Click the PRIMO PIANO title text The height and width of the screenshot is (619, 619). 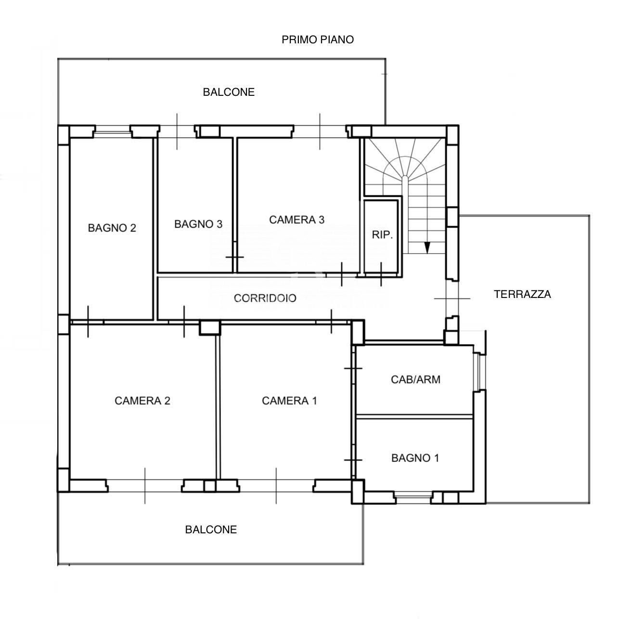(317, 39)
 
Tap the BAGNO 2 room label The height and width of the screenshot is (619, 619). (112, 228)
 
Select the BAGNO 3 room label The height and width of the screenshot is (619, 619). (198, 224)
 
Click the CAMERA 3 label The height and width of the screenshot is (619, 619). (297, 219)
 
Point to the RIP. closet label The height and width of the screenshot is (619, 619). (382, 235)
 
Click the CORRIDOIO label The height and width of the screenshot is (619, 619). (265, 298)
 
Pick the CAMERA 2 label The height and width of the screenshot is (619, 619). (142, 400)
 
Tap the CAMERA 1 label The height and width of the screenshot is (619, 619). (289, 400)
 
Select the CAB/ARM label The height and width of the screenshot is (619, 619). (415, 379)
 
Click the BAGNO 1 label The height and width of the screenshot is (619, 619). (415, 458)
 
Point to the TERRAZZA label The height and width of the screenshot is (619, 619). (522, 294)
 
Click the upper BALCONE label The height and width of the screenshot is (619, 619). (229, 92)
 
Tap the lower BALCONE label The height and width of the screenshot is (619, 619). (211, 529)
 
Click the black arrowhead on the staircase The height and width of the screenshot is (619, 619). (427, 248)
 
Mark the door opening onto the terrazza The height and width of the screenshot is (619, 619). (452, 298)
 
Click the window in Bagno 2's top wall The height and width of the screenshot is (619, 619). (113, 131)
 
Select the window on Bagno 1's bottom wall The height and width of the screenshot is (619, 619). (413, 498)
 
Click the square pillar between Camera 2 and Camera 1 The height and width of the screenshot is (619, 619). (209, 328)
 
